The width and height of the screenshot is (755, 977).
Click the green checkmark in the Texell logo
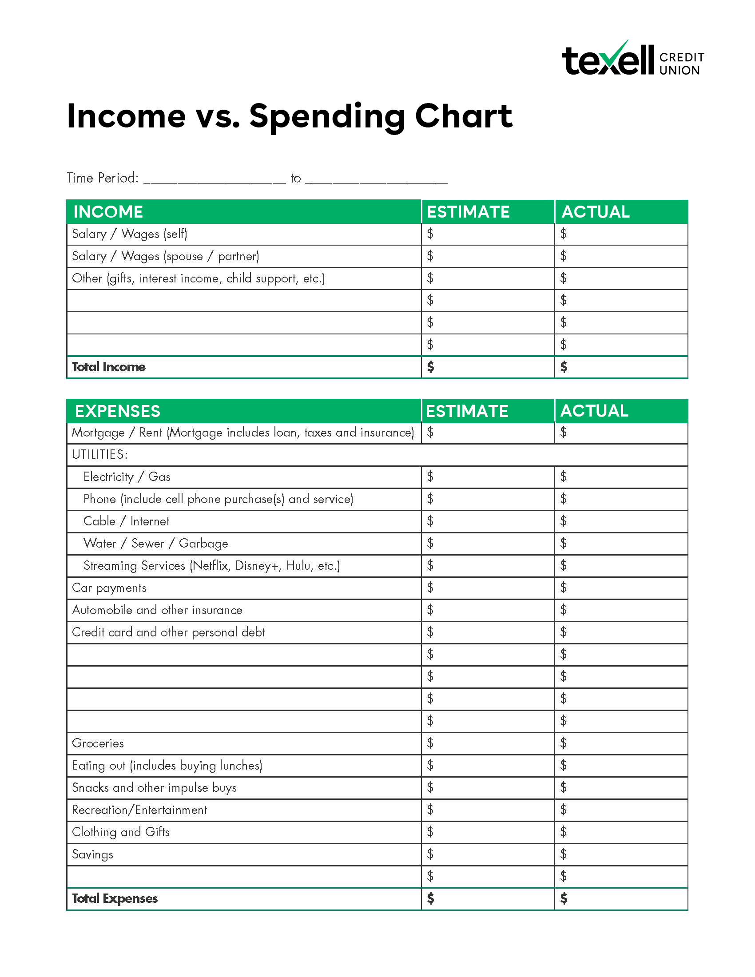click(618, 54)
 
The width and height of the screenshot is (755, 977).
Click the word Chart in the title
click(463, 116)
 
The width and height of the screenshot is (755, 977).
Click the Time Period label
click(103, 178)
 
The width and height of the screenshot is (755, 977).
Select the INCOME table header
click(108, 211)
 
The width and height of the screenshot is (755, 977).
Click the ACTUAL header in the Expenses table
click(594, 411)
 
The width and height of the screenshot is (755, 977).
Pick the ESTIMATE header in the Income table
click(468, 211)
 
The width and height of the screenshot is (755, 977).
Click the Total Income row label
click(109, 367)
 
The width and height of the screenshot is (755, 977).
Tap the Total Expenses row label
click(115, 898)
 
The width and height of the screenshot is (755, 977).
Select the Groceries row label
click(98, 743)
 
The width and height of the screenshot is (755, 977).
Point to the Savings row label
click(92, 854)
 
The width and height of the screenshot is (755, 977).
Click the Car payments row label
click(109, 588)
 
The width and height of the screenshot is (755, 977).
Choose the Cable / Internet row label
click(127, 521)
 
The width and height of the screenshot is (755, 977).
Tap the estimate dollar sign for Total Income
click(430, 367)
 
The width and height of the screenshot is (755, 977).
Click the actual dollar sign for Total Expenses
click(564, 898)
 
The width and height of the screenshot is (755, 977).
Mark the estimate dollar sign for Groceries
click(430, 743)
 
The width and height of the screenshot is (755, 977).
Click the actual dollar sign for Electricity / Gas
click(564, 477)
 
